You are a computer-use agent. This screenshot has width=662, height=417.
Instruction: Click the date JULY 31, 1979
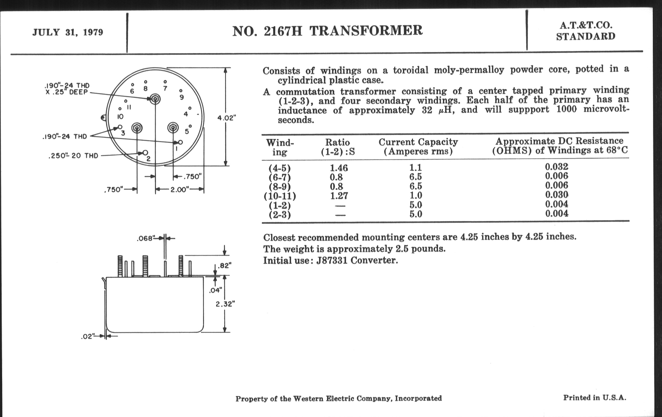[68, 32]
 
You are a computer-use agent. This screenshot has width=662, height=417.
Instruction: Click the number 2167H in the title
[283, 31]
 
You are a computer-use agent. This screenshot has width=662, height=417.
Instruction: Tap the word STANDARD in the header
[586, 37]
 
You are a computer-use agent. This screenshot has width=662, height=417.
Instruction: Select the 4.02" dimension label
[226, 118]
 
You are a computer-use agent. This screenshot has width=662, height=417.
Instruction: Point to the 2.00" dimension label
[180, 190]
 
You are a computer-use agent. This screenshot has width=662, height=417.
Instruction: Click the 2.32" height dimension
[225, 304]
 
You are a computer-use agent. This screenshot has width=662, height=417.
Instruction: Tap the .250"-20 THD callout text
[73, 156]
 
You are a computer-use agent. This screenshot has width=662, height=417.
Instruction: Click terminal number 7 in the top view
[165, 88]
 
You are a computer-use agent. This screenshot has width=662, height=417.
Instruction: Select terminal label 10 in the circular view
[120, 117]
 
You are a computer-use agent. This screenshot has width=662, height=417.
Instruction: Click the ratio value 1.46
[339, 168]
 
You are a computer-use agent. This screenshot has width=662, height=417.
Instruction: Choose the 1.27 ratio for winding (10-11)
[339, 196]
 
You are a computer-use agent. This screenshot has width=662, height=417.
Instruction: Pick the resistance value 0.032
[556, 167]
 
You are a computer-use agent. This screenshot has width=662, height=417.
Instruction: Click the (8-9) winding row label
[280, 187]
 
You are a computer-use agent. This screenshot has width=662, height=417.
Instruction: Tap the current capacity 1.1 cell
[415, 167]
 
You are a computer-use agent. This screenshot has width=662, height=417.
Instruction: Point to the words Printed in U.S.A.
[594, 398]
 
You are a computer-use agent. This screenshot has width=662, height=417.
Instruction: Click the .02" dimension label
[88, 337]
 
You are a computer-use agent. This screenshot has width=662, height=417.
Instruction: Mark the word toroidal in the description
[410, 70]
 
